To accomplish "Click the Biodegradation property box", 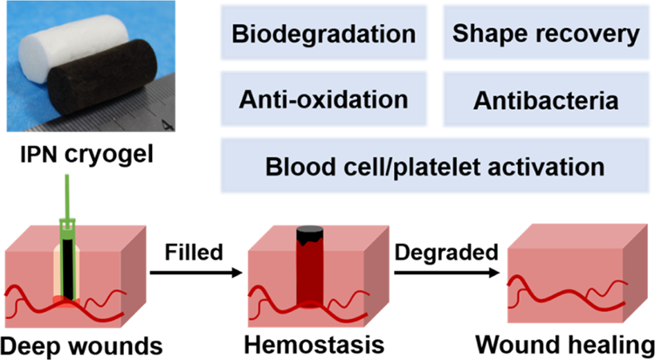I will [322, 36].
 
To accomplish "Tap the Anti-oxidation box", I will [322, 99].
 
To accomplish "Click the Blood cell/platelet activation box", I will [428, 163].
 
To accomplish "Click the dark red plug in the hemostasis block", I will [311, 275].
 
